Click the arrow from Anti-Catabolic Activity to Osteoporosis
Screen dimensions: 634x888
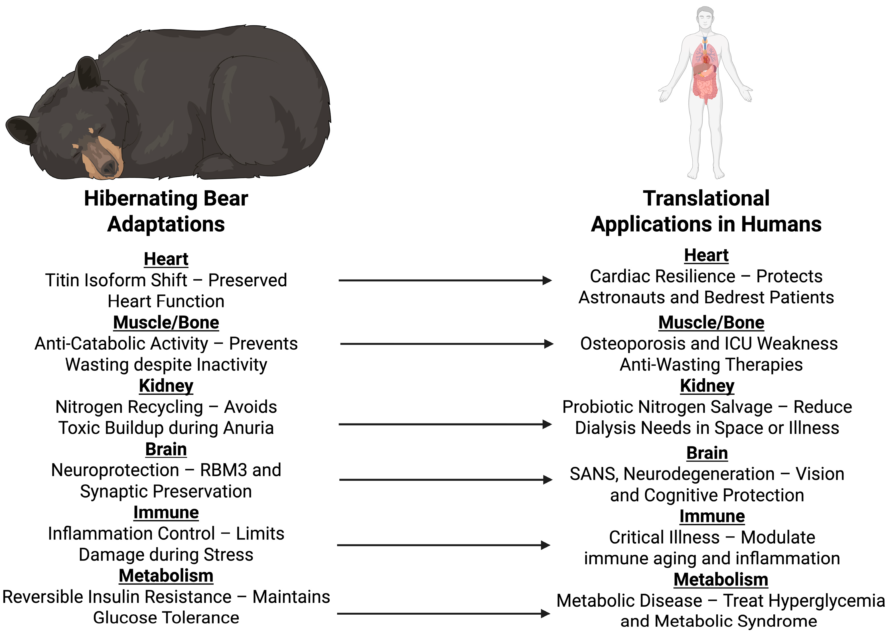point(446,344)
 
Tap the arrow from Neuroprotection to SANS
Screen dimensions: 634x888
point(445,480)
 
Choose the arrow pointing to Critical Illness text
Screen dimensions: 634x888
point(443,545)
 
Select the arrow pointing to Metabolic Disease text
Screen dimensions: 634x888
point(443,614)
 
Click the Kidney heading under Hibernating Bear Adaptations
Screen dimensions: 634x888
point(166,386)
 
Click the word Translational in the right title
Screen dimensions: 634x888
point(706,198)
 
